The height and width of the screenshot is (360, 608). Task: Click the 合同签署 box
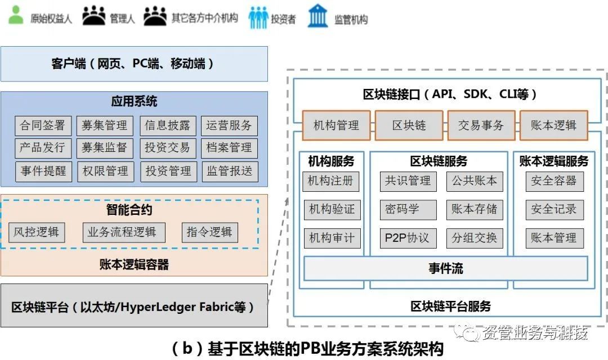43,125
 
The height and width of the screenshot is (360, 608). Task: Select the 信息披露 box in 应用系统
167,125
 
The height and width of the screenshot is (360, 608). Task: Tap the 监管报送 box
229,171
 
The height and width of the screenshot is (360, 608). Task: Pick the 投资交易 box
167,148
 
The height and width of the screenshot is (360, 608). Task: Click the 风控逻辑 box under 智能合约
37,232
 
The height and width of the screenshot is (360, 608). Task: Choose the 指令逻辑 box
209,232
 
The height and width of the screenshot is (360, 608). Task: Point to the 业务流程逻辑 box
124,232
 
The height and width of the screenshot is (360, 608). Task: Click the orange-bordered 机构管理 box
336,125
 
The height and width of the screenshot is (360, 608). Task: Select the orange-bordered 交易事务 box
481,125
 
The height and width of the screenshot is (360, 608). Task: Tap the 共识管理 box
408,181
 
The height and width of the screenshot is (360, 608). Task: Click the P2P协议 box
408,238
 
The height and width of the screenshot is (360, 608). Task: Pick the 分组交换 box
474,238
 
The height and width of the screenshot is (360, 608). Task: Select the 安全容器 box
554,181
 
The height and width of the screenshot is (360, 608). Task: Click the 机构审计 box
332,238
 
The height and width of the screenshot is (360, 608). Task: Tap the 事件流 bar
445,268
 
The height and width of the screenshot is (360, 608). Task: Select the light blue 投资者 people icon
258,17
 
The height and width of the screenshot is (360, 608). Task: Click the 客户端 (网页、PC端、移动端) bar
134,64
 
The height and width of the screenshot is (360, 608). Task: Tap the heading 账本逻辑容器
134,264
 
